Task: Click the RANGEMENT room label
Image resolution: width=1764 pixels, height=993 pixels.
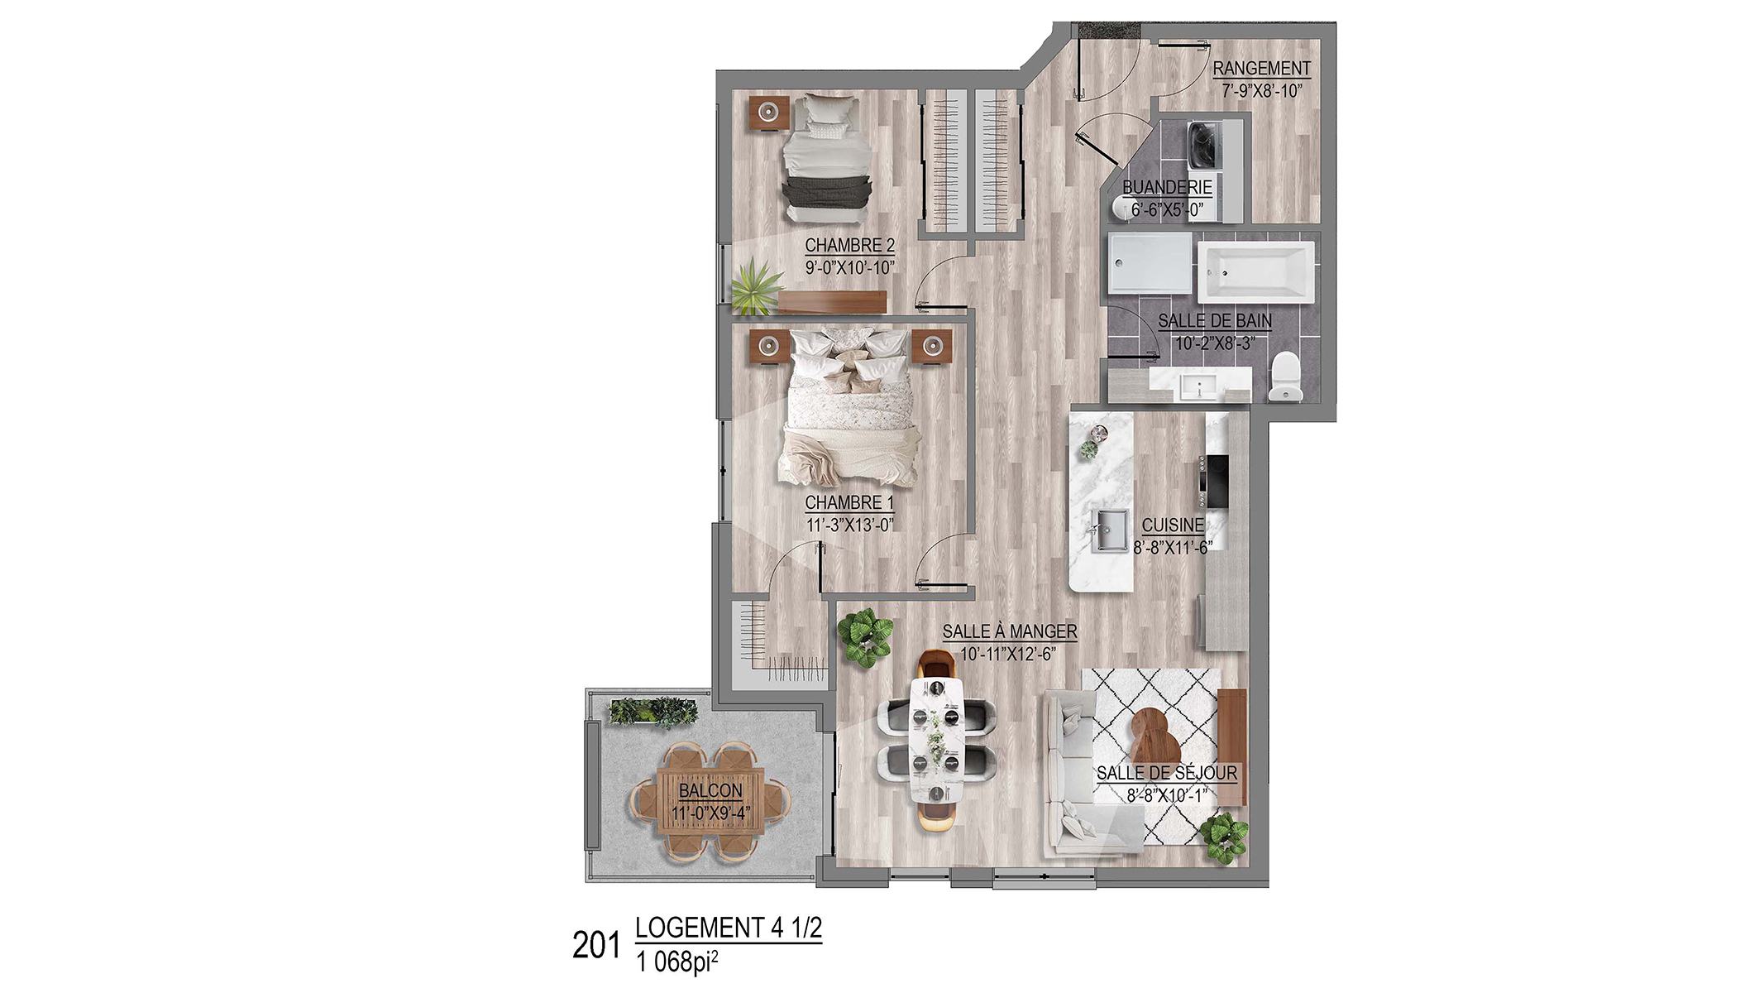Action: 1261,68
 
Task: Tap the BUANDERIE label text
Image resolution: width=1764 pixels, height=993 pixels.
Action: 1167,187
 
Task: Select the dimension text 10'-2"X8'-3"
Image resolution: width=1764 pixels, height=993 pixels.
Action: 1215,343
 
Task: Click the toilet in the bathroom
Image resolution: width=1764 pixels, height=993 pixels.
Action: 1284,377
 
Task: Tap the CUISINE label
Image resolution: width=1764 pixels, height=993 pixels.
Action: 1173,525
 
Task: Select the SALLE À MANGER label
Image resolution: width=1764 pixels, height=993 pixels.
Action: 1010,631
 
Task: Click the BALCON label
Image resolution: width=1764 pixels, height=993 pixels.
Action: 710,790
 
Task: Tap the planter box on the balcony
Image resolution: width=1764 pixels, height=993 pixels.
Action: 653,711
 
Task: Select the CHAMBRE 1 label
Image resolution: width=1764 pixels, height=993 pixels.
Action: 849,502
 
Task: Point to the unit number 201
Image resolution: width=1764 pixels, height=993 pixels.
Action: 595,945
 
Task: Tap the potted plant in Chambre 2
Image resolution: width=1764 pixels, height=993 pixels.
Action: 755,286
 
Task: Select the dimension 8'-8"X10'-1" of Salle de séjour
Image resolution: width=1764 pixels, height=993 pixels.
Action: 1167,795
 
